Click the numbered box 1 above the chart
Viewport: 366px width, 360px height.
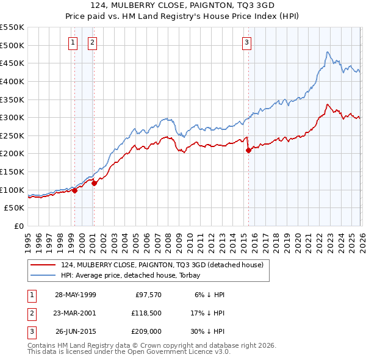73,42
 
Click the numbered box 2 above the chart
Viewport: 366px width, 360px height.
92,42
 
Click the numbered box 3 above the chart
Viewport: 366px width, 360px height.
246,42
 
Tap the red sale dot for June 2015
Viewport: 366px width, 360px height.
248,150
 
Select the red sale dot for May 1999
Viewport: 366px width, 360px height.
74,190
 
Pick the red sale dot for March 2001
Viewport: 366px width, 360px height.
95,183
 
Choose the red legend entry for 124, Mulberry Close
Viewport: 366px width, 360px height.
161,265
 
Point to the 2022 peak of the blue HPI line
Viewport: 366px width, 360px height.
328,52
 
